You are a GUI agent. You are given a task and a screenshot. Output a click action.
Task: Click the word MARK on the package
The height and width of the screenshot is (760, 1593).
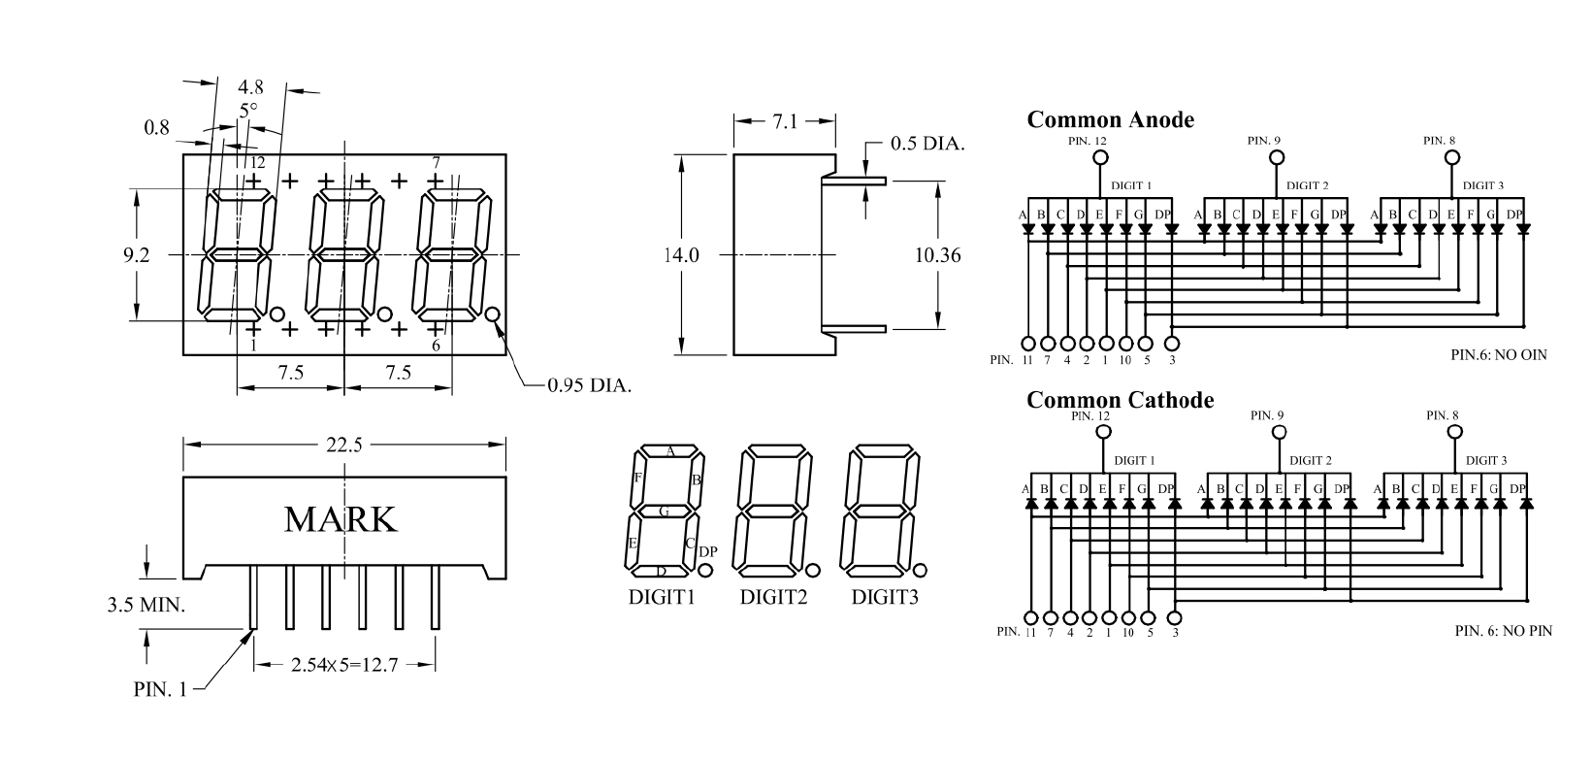[x=341, y=520]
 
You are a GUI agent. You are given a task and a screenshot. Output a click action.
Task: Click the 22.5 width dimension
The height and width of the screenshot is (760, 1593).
[x=344, y=446]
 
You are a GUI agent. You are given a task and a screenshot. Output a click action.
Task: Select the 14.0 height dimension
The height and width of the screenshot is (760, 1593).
[x=681, y=256]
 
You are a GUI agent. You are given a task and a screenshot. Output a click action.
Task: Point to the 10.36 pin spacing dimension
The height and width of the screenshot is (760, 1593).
[x=937, y=256]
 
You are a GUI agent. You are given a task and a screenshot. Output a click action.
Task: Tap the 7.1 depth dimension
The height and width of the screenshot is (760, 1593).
[x=785, y=122]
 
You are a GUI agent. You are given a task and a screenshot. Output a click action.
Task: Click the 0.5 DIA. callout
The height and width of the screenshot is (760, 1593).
[x=927, y=145]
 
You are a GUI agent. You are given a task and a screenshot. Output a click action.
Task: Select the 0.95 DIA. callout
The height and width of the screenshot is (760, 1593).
[x=589, y=385]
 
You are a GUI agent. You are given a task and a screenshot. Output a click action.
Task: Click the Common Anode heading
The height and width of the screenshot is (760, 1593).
[x=1110, y=120]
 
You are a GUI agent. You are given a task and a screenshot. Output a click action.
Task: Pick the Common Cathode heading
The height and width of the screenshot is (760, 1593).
[x=1120, y=400]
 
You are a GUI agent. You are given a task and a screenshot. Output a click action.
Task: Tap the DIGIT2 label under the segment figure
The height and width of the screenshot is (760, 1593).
[x=773, y=598]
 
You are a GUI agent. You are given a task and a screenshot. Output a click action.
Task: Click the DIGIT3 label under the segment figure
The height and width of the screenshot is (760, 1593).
[x=885, y=598]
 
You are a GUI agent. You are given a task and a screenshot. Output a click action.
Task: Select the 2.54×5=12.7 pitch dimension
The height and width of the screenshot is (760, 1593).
[x=344, y=666]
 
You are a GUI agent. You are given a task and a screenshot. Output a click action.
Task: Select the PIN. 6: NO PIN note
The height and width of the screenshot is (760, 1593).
[x=1503, y=631]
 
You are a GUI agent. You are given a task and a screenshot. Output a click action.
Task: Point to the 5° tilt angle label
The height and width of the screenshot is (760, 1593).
[x=249, y=109]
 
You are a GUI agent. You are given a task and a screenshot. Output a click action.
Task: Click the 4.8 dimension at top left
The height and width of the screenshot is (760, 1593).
[x=250, y=86]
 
